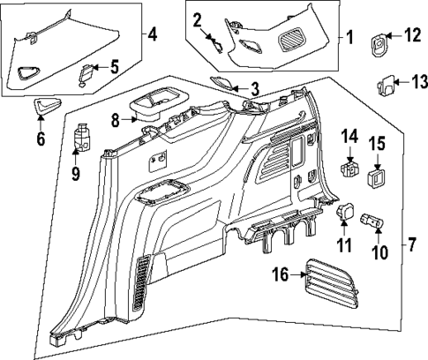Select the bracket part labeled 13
click(385, 84)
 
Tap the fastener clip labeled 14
click(349, 167)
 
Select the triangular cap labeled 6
click(44, 108)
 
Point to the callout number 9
click(75, 175)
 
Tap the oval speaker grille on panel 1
click(291, 39)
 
